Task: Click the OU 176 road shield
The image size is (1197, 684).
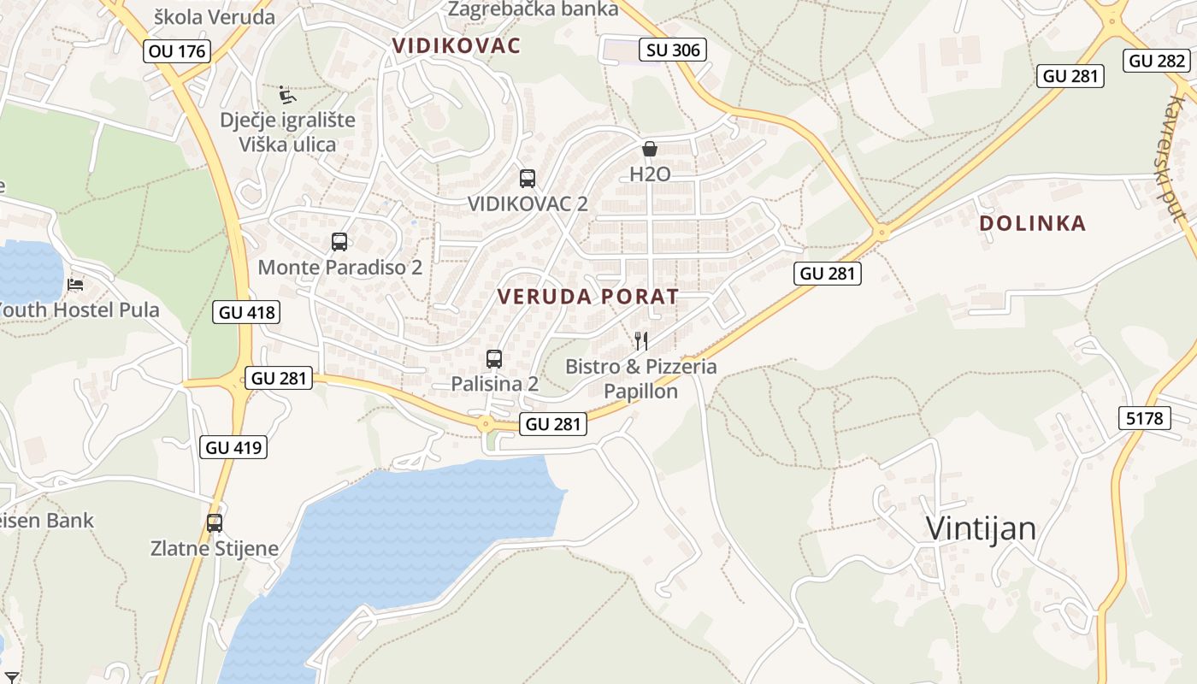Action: (177, 51)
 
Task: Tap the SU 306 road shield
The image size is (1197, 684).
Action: (673, 50)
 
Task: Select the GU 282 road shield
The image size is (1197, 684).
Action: (1157, 61)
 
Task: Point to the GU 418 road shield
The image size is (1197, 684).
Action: (246, 312)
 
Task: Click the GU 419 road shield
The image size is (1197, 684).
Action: (233, 446)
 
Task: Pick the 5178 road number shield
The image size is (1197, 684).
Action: (1144, 418)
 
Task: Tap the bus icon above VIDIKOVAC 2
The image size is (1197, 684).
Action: (528, 179)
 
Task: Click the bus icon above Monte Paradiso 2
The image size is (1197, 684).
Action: (339, 242)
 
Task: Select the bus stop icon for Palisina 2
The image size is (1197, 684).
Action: (494, 359)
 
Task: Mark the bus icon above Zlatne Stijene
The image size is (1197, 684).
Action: (215, 523)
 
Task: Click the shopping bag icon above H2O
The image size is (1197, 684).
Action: (650, 149)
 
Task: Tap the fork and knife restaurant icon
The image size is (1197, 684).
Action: (641, 341)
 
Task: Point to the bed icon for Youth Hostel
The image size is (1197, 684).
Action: (76, 284)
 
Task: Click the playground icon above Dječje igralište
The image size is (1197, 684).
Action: (287, 94)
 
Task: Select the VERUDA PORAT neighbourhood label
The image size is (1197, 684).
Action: (588, 297)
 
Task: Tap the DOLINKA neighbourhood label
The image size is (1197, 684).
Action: (1032, 223)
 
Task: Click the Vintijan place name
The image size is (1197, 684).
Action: (981, 528)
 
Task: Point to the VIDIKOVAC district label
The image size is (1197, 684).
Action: (456, 46)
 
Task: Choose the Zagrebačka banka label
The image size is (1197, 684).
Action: (533, 9)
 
